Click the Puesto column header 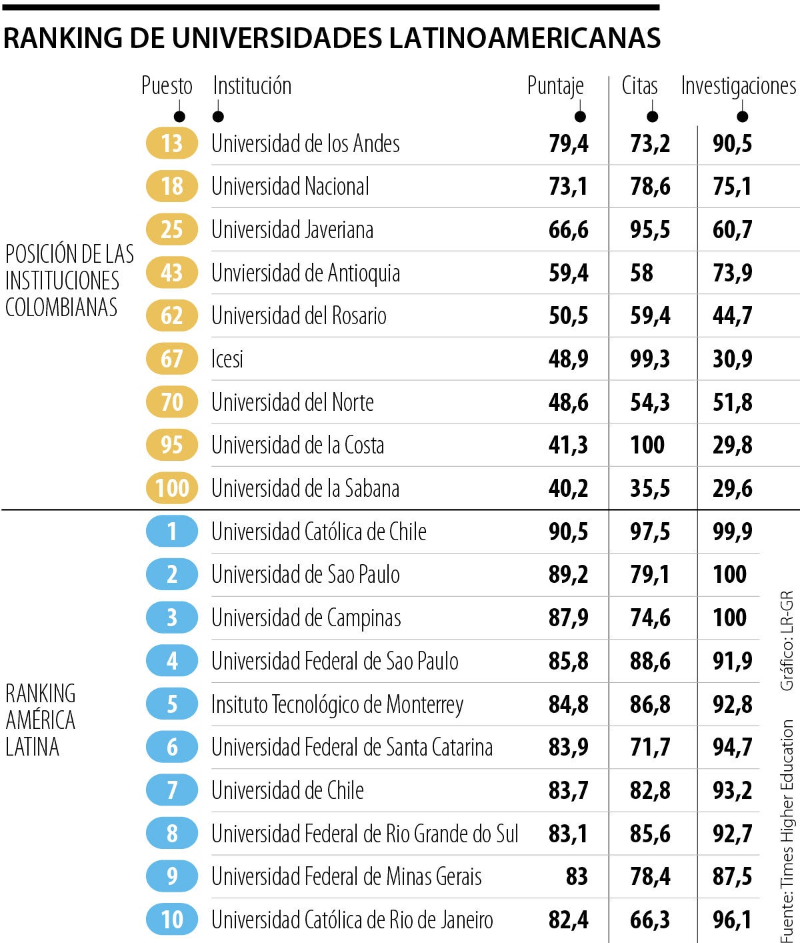click(x=167, y=86)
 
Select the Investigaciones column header click(x=738, y=86)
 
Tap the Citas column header click(x=639, y=86)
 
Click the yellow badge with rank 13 click(x=172, y=143)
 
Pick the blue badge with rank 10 click(x=172, y=920)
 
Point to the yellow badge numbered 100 click(x=172, y=488)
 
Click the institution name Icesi click(x=227, y=359)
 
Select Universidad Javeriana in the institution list click(x=292, y=229)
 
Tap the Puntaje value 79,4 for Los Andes click(x=569, y=143)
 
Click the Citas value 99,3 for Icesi click(x=650, y=359)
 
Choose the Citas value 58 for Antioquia click(x=642, y=273)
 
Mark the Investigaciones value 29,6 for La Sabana click(x=732, y=488)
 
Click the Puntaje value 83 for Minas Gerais click(x=577, y=876)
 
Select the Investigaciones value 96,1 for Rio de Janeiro click(x=732, y=920)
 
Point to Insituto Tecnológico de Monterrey click(x=337, y=704)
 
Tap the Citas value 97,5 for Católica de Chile click(x=650, y=532)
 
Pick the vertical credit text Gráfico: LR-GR click(x=787, y=640)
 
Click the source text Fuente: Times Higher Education click(x=787, y=830)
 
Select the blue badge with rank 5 click(x=172, y=704)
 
